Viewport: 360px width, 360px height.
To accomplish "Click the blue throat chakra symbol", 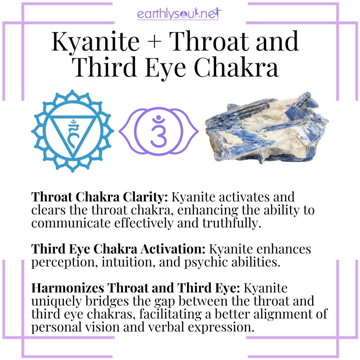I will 72,130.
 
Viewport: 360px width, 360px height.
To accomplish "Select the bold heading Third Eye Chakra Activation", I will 118,249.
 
